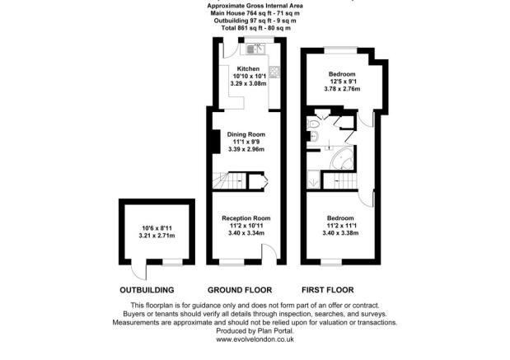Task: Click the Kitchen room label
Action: [248, 69]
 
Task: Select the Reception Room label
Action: [246, 217]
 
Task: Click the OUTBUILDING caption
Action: [147, 290]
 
